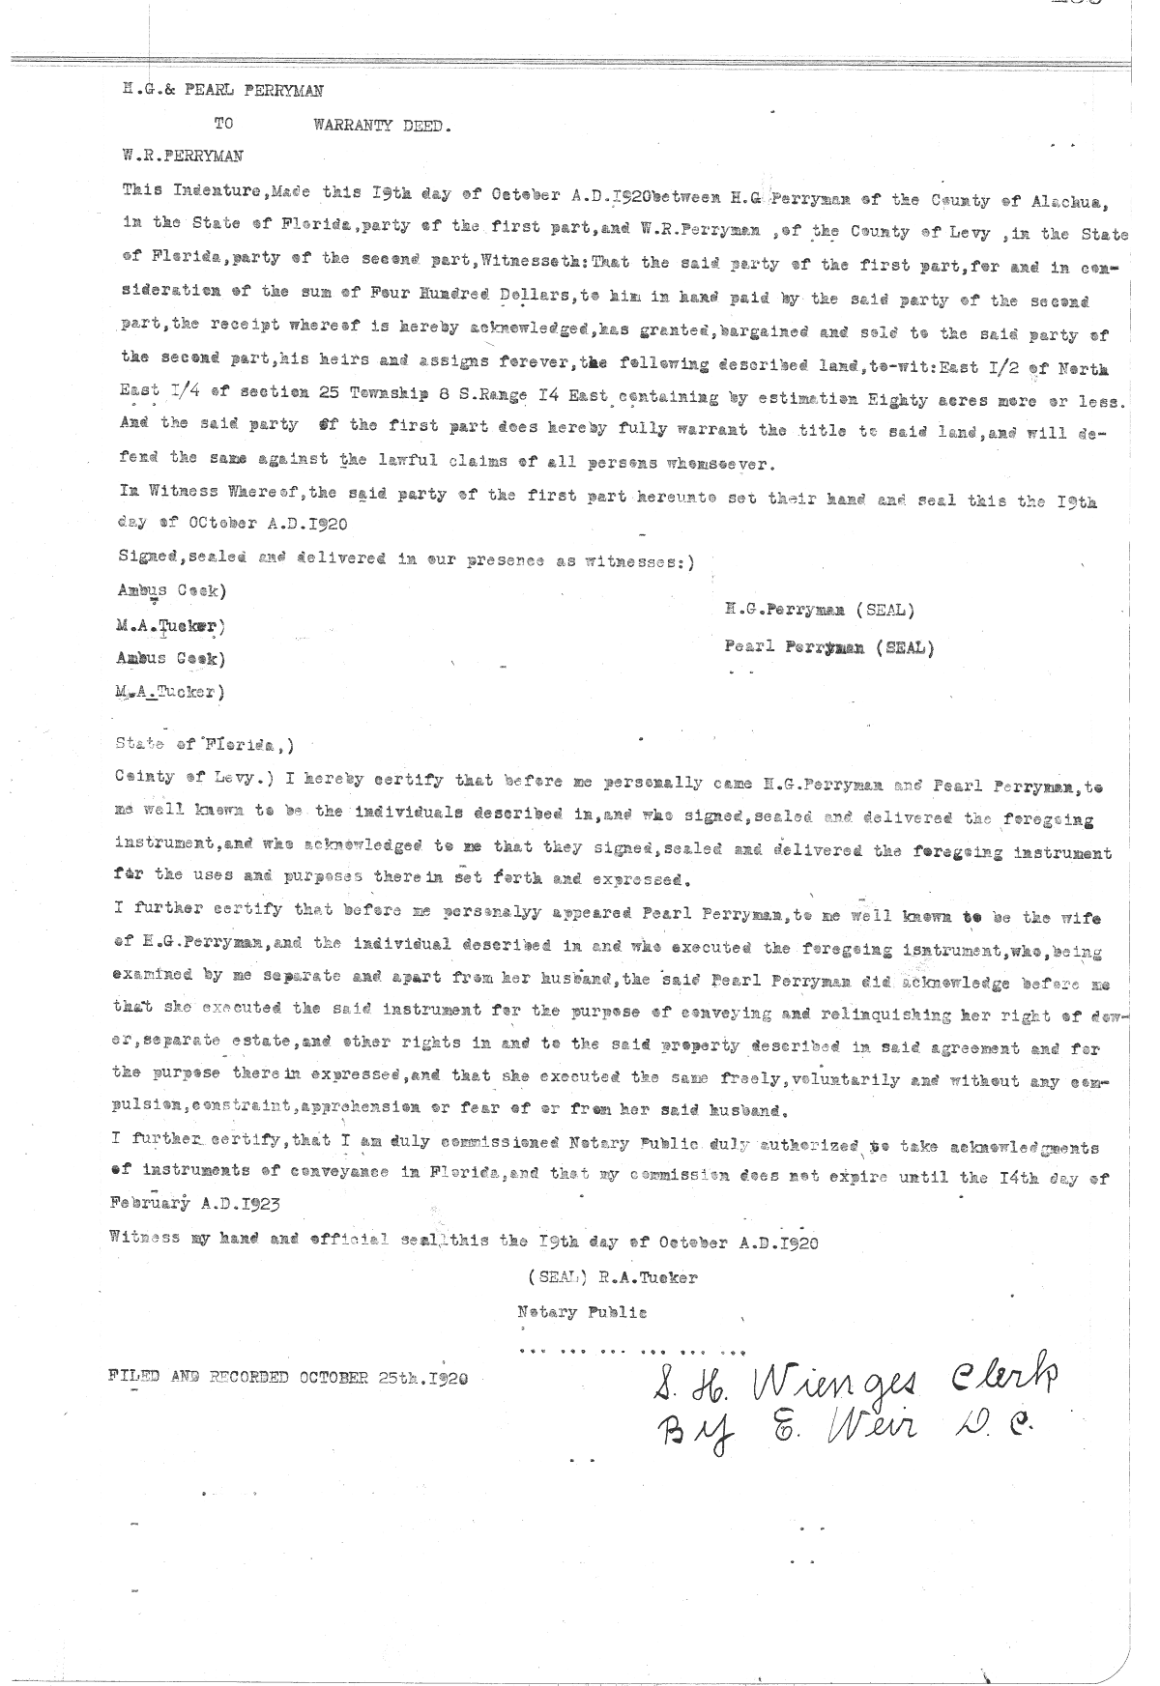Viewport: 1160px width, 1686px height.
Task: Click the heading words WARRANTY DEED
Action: tap(382, 125)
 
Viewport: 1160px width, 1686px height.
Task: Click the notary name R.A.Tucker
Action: tap(648, 1277)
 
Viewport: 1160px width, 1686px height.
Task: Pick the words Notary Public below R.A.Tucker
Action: tap(582, 1312)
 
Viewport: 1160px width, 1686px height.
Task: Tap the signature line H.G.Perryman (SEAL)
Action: tap(819, 610)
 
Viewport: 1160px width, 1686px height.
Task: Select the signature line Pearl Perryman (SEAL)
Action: tap(829, 647)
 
